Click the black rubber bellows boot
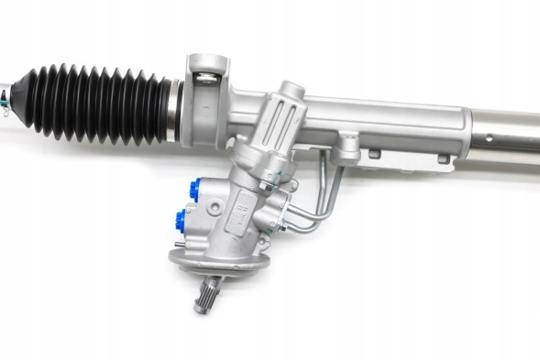[101, 103]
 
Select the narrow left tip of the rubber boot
[28, 92]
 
